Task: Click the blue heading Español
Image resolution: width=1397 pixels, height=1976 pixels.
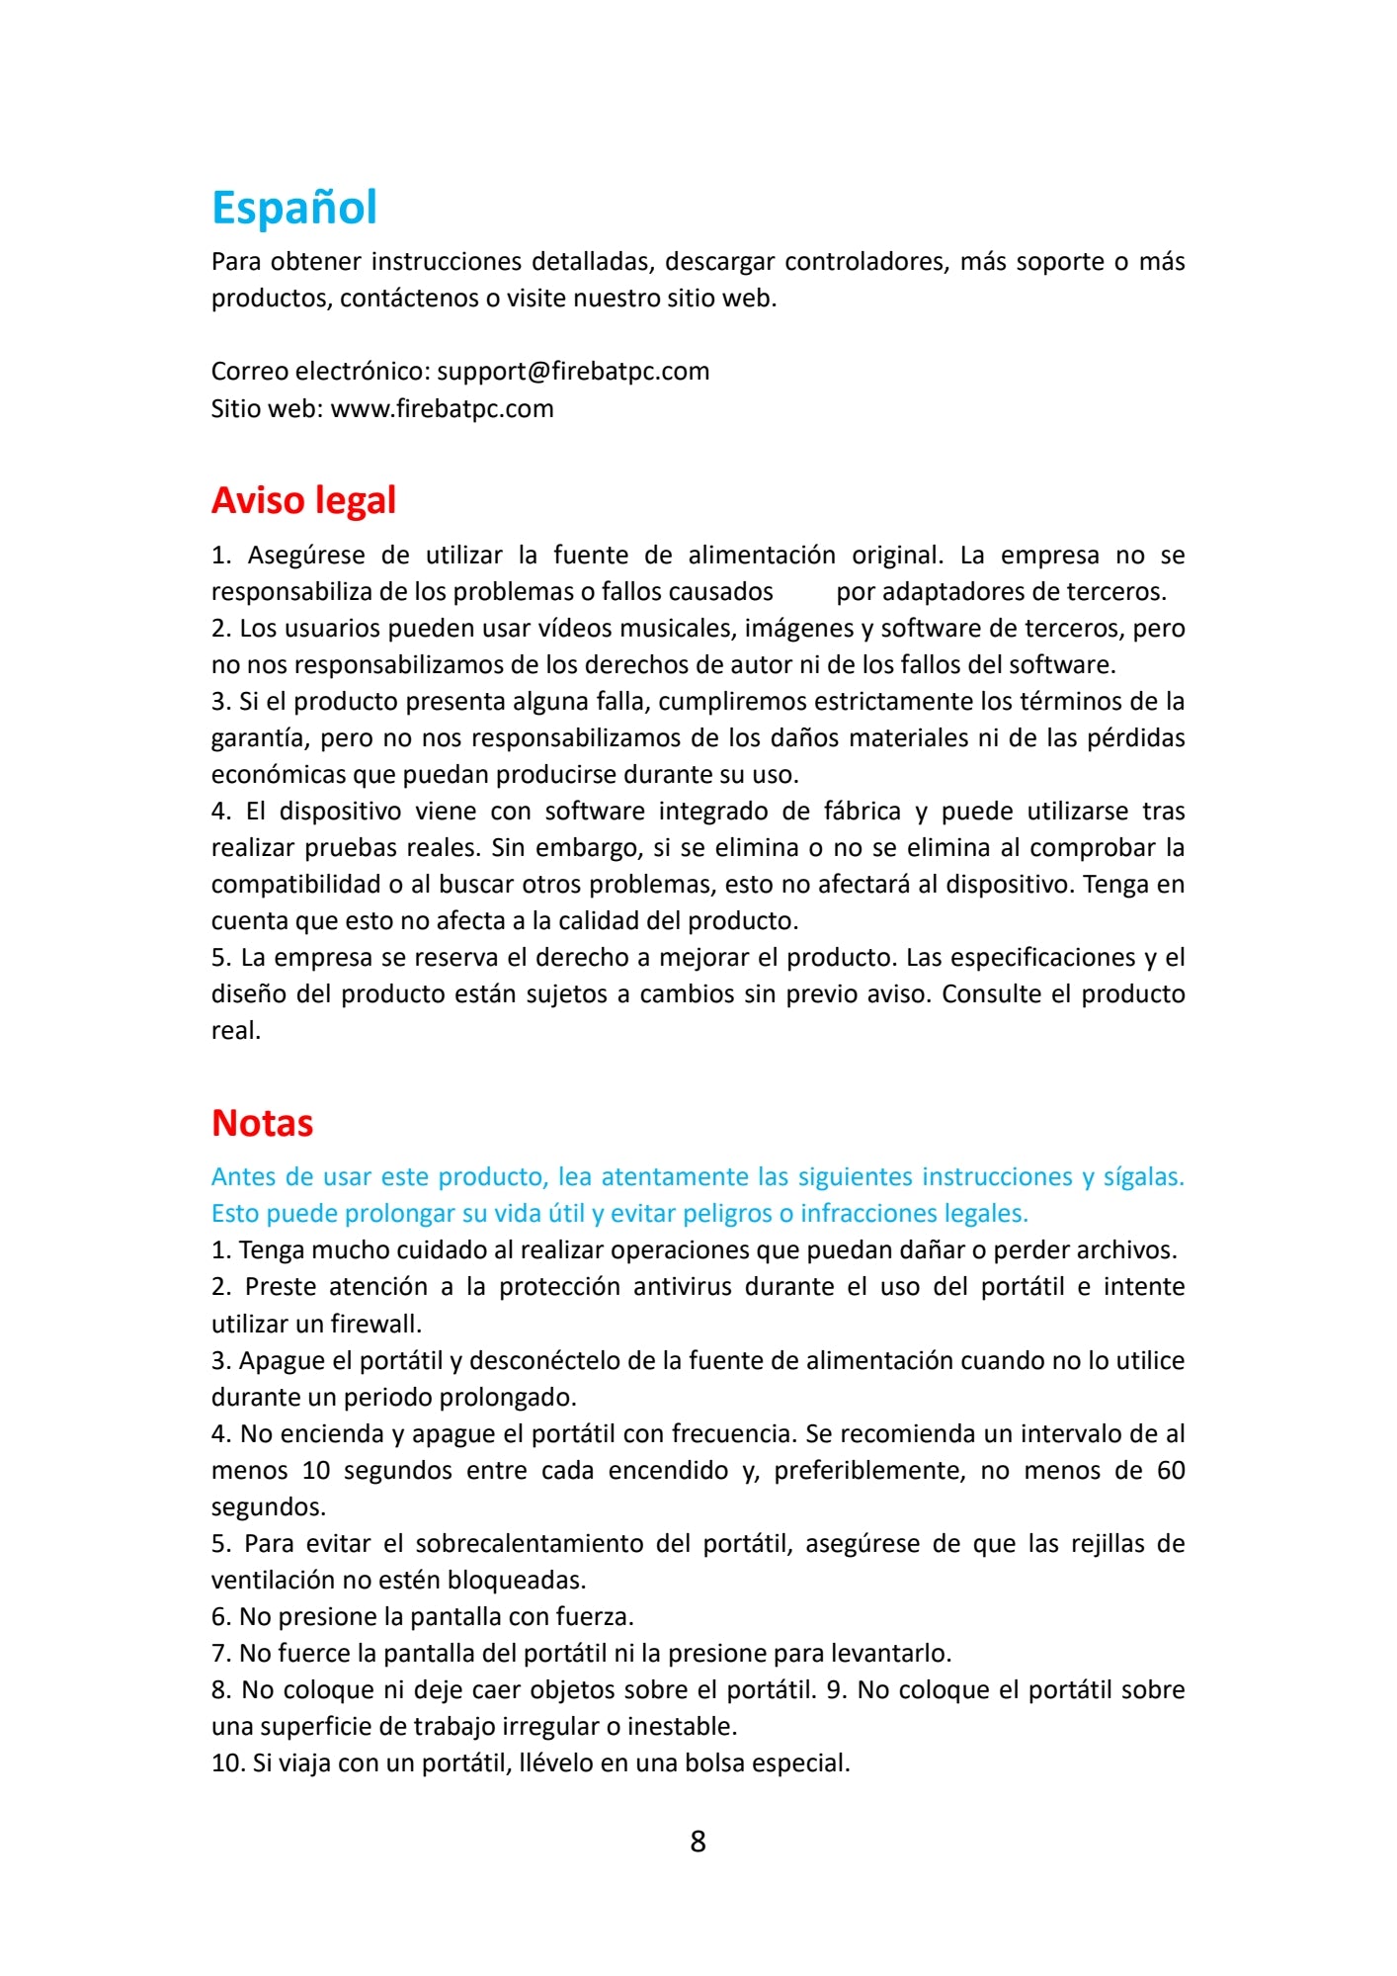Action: [294, 208]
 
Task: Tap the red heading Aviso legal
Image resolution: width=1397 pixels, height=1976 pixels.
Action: [303, 500]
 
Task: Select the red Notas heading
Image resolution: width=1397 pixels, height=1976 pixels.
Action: [262, 1123]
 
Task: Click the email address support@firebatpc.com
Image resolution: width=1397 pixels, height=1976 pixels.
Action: [573, 372]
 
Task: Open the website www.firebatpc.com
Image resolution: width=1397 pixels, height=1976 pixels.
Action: [442, 409]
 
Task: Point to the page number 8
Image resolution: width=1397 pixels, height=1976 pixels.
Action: [698, 1841]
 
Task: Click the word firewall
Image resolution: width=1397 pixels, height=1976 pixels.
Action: [375, 1324]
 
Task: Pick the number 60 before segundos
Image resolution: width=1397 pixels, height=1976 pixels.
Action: [1170, 1471]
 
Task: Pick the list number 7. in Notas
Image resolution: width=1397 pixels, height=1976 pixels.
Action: [221, 1654]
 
